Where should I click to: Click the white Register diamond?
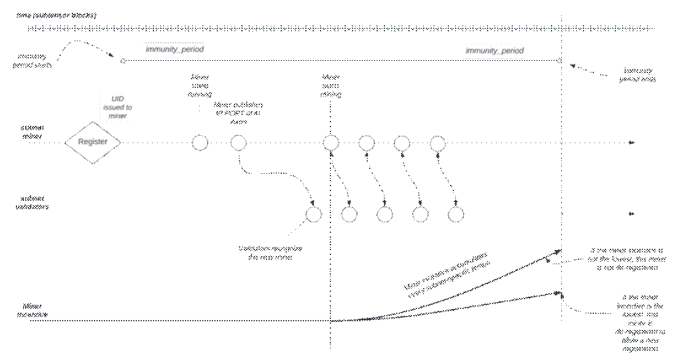pyautogui.click(x=92, y=142)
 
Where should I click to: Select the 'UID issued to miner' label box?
pyautogui.click(x=117, y=107)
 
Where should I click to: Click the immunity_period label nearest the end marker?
pyautogui.click(x=494, y=51)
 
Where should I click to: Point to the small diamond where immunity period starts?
pyautogui.click(x=123, y=61)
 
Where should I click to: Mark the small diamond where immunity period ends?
pyautogui.click(x=559, y=61)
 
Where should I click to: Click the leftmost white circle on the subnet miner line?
pyautogui.click(x=200, y=143)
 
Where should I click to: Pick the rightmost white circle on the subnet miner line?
pyautogui.click(x=437, y=143)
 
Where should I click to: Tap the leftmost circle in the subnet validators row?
pyautogui.click(x=314, y=214)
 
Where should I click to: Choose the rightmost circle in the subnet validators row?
pyautogui.click(x=455, y=214)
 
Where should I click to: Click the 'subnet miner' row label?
pyautogui.click(x=33, y=132)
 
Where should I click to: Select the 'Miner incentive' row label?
pyautogui.click(x=33, y=310)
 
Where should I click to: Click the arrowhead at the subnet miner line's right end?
pyautogui.click(x=631, y=143)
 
